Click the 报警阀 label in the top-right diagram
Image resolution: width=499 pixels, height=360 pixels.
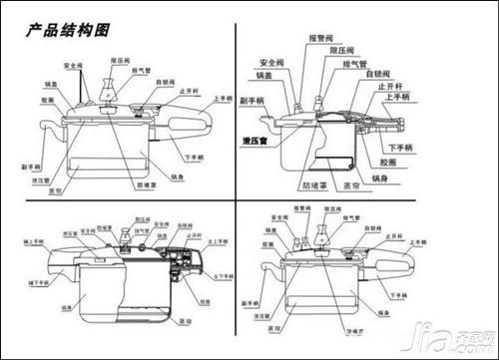point(319,38)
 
